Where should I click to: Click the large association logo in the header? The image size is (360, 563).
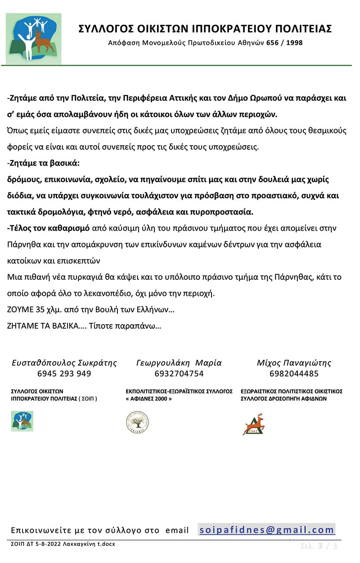34,38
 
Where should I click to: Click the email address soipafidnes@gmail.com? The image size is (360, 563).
267,530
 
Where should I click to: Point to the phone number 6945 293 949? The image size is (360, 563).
64,374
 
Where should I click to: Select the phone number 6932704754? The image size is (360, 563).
179,374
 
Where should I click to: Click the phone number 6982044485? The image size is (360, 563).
294,374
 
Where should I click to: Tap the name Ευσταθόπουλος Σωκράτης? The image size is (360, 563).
64,362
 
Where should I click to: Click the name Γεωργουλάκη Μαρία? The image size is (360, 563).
179,362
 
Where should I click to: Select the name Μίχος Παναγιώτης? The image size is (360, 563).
294,362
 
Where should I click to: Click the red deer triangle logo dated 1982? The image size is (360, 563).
253,424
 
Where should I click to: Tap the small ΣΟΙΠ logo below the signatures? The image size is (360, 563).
22,421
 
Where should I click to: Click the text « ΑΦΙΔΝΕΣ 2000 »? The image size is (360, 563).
149,398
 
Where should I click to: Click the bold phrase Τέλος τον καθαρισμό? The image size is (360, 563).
49,228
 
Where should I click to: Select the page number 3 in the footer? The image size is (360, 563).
320,546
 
